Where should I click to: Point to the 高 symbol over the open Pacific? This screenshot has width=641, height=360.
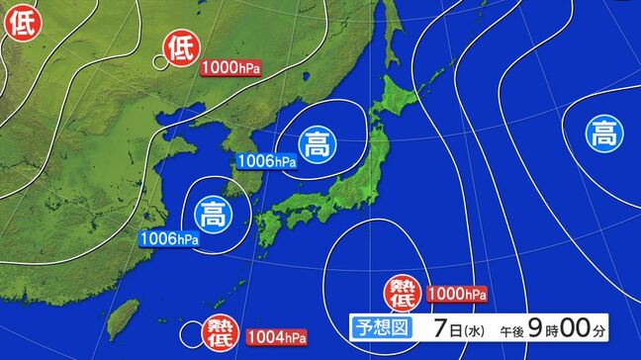[601, 132]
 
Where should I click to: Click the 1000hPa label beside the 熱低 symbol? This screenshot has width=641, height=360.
[456, 294]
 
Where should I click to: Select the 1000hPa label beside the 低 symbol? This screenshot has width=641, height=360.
[230, 68]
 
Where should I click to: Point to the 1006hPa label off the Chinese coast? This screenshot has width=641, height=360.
[169, 238]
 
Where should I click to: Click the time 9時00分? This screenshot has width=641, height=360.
[580, 326]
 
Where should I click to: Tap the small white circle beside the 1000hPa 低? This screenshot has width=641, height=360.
[159, 61]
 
